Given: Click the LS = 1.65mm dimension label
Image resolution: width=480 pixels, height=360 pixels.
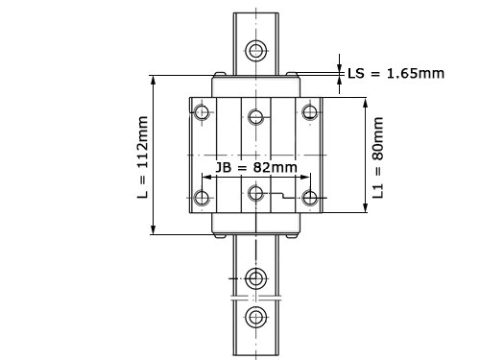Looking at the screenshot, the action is point(396,74).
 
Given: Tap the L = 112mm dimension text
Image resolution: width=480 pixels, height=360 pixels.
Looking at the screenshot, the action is point(142,157).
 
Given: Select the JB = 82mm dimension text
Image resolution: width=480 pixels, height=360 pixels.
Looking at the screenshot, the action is point(256,167).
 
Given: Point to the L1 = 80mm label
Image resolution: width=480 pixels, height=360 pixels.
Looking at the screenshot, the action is point(378,157).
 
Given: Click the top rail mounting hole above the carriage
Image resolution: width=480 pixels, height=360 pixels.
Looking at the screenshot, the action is point(256,50).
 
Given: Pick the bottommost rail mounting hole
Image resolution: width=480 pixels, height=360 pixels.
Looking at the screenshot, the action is point(256,318).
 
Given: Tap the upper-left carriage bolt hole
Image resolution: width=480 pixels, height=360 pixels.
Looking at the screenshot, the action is point(202,112).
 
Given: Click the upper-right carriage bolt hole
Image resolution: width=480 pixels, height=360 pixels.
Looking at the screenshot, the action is point(310,112).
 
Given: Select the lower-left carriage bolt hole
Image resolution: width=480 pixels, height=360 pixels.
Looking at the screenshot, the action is point(202,198).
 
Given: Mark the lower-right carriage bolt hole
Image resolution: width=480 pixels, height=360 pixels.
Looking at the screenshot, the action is point(310,198).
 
